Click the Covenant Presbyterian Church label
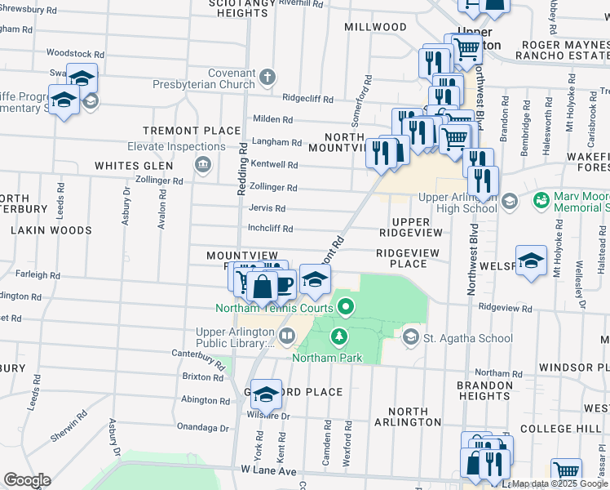point(220,78)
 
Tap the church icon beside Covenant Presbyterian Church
point(267,78)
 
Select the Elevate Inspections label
point(176,147)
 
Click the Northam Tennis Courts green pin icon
point(346,308)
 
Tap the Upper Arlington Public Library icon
point(286,336)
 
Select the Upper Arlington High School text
point(457,203)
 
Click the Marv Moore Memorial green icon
point(541,200)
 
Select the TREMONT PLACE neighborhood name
point(192,131)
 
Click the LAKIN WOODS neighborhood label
point(51,230)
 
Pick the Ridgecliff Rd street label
point(307,99)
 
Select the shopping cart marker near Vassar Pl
point(566,470)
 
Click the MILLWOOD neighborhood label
point(375,27)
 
